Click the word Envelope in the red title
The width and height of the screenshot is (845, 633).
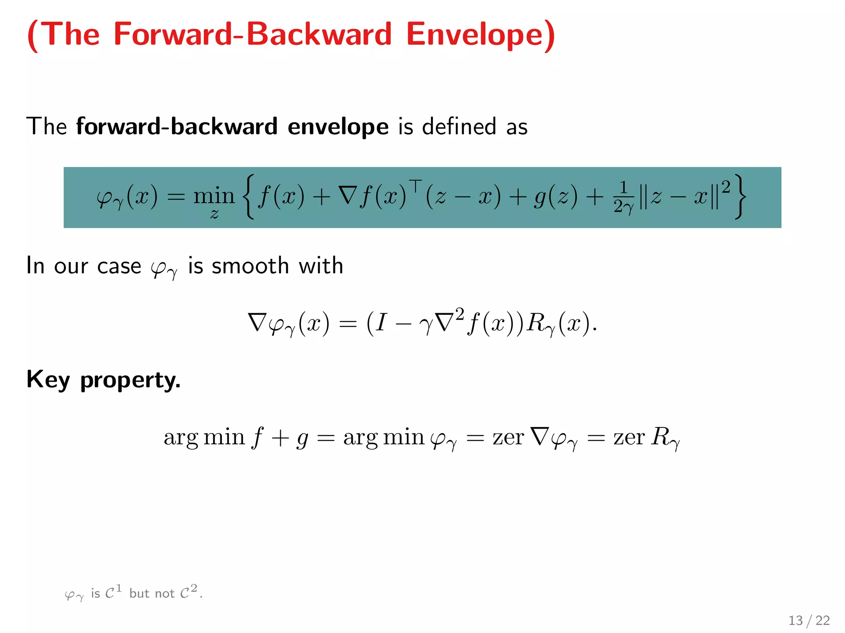(x=481, y=35)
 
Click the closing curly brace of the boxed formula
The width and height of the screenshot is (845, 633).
(x=741, y=196)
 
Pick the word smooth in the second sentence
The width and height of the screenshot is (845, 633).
(x=250, y=265)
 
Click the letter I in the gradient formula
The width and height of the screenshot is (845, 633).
(x=381, y=322)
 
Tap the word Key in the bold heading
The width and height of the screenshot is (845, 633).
(x=48, y=380)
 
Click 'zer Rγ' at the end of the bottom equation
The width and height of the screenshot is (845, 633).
(x=646, y=437)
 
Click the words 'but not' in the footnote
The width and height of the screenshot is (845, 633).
(x=152, y=593)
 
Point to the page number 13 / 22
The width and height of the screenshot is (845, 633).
(x=809, y=620)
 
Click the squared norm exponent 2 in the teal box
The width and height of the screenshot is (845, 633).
(x=726, y=187)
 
